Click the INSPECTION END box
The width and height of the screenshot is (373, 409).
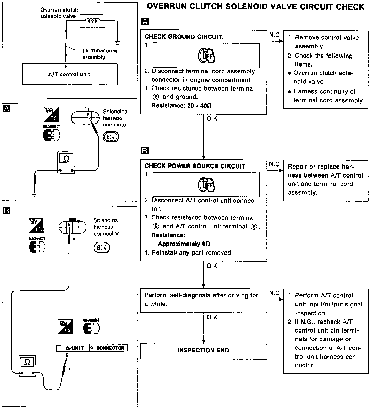[x=203, y=351]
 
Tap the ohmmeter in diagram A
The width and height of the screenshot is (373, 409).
[x=66, y=162]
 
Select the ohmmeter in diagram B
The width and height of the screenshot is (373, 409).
[x=27, y=365]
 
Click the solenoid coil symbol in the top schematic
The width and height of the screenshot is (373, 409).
[x=92, y=21]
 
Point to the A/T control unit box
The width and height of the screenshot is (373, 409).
[x=69, y=74]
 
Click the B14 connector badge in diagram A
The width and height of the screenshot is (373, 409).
[x=111, y=137]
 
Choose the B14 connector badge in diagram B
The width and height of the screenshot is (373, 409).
[x=102, y=248]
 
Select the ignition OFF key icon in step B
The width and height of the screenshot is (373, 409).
[x=206, y=185]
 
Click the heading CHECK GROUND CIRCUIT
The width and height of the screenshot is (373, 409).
[x=184, y=37]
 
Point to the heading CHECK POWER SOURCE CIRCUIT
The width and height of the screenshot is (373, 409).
[x=195, y=166]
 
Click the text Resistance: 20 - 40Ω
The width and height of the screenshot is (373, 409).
[x=182, y=106]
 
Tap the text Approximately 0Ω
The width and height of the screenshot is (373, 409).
[x=184, y=244]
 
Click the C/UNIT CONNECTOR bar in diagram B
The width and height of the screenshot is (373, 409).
[x=92, y=348]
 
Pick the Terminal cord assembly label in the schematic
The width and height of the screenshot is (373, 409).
[x=100, y=54]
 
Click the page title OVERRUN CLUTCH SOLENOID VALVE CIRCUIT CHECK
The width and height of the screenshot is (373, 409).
[x=255, y=7]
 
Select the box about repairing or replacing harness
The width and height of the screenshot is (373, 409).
[x=326, y=180]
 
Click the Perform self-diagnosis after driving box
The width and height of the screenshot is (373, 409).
[x=203, y=300]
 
